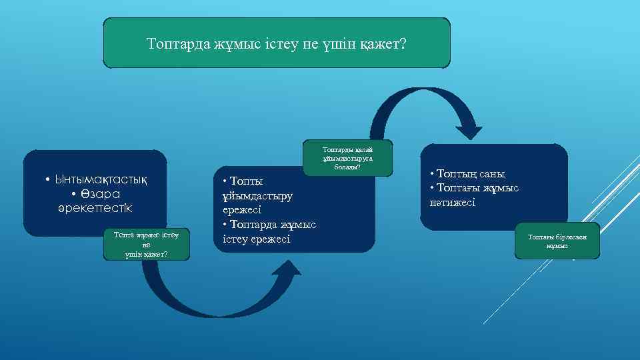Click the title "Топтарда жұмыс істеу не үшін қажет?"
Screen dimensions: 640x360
[x=276, y=44]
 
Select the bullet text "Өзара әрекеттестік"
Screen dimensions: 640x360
[x=95, y=201]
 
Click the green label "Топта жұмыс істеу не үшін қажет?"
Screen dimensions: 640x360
[x=147, y=245]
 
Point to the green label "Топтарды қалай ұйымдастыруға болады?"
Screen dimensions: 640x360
[x=347, y=158]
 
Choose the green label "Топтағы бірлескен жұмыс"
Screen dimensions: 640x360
[x=557, y=241]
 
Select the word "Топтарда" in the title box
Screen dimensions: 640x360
[x=177, y=44]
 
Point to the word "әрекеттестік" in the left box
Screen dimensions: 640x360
[x=95, y=208]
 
